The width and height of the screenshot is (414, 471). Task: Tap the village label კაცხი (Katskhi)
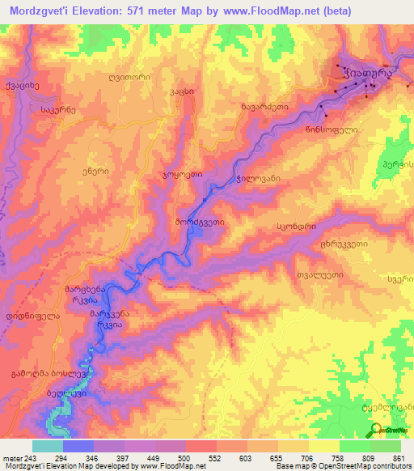(182, 91)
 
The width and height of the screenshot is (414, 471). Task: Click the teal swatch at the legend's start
(47, 446)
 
